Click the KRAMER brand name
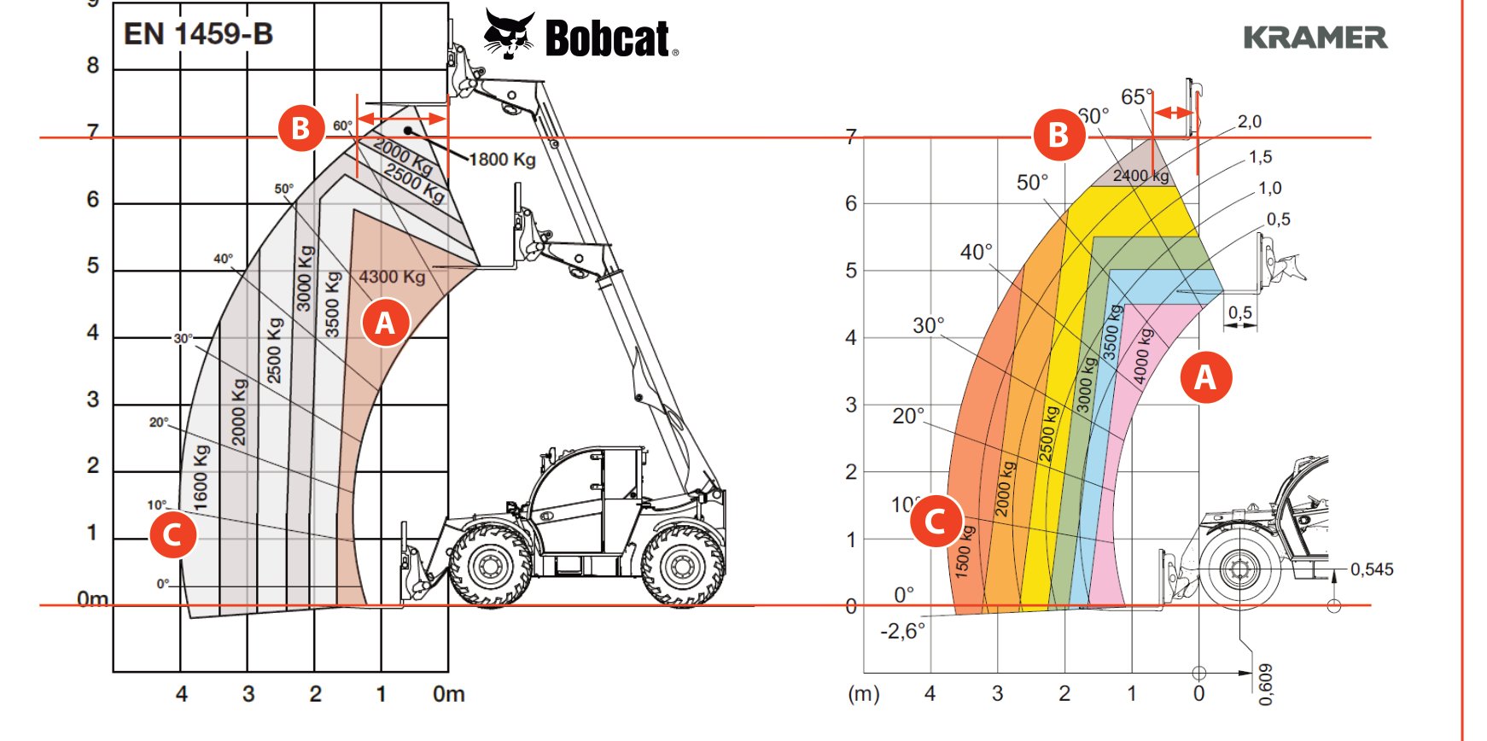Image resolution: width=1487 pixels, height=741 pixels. (1315, 38)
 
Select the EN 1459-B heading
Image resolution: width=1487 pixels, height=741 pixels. (198, 34)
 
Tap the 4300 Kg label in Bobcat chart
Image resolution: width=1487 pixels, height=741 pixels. (392, 277)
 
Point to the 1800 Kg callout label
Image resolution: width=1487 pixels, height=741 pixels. (503, 160)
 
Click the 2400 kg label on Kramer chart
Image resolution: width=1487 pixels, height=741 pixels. (1140, 176)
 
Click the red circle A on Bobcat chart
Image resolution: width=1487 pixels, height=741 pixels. (385, 323)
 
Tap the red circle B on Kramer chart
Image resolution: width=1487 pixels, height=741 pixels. (1058, 134)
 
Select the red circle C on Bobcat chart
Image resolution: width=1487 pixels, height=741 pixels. (172, 534)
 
